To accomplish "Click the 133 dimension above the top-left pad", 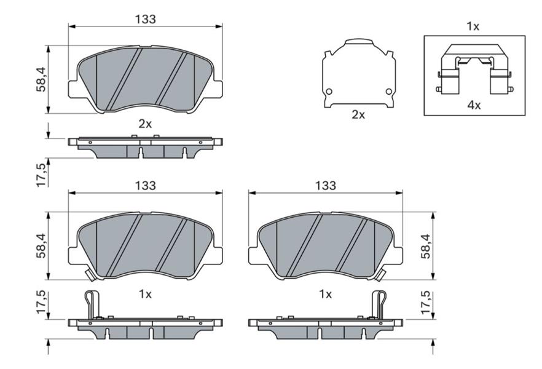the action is point(146,19).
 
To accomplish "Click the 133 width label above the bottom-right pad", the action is point(326,186).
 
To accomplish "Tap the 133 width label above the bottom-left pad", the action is point(146,186).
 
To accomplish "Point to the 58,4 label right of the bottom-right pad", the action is point(426,246).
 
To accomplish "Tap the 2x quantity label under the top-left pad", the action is point(145,124).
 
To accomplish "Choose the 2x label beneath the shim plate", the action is point(358,115).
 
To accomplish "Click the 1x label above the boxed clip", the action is point(473,26).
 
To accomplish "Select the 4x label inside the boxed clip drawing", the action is point(474,105).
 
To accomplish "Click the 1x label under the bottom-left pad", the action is point(145,295).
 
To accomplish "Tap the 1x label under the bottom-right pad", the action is point(325,295).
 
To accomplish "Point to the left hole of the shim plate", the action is point(329,92).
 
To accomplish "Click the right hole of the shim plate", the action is point(389,92).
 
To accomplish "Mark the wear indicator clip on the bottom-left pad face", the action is point(90,276).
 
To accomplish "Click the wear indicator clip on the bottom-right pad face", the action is point(380,276).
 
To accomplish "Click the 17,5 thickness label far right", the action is point(426,302).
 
